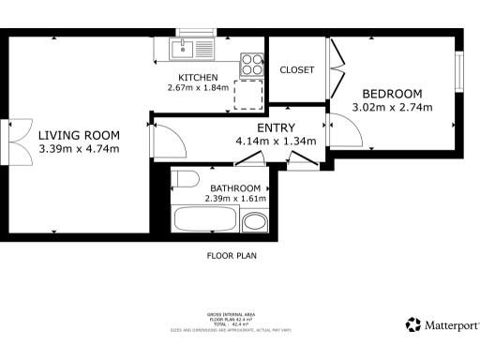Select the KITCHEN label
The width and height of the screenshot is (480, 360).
198,77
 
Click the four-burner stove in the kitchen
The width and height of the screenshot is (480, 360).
251,63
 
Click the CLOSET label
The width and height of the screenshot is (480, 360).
297,70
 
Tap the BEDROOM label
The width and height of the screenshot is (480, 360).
392,94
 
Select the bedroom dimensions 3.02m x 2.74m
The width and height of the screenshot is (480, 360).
392,107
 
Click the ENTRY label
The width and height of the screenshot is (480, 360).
276,128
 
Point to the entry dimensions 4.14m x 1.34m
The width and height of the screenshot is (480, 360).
276,142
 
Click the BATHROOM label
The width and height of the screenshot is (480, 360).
235,187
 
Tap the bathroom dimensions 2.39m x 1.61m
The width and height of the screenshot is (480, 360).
236,199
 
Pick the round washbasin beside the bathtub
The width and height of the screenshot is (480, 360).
254,223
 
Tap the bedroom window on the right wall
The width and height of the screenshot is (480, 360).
459,69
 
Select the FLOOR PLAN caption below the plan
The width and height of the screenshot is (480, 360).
232,255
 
